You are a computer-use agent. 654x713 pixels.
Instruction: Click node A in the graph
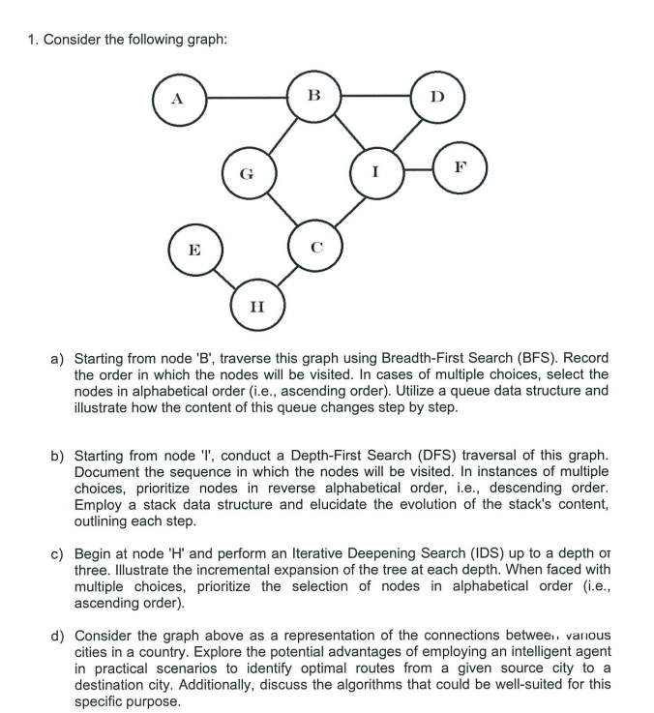tap(177, 97)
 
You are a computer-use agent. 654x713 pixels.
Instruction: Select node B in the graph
tap(312, 95)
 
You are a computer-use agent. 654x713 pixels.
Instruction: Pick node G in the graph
tap(248, 175)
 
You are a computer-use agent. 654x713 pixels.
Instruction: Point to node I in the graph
tap(375, 173)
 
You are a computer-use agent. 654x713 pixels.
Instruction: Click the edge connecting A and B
tap(245, 97)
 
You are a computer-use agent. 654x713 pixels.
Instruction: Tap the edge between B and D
tap(375, 96)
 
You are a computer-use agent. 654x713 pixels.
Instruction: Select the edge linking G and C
tap(281, 211)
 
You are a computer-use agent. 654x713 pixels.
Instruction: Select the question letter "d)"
tap(58, 634)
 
